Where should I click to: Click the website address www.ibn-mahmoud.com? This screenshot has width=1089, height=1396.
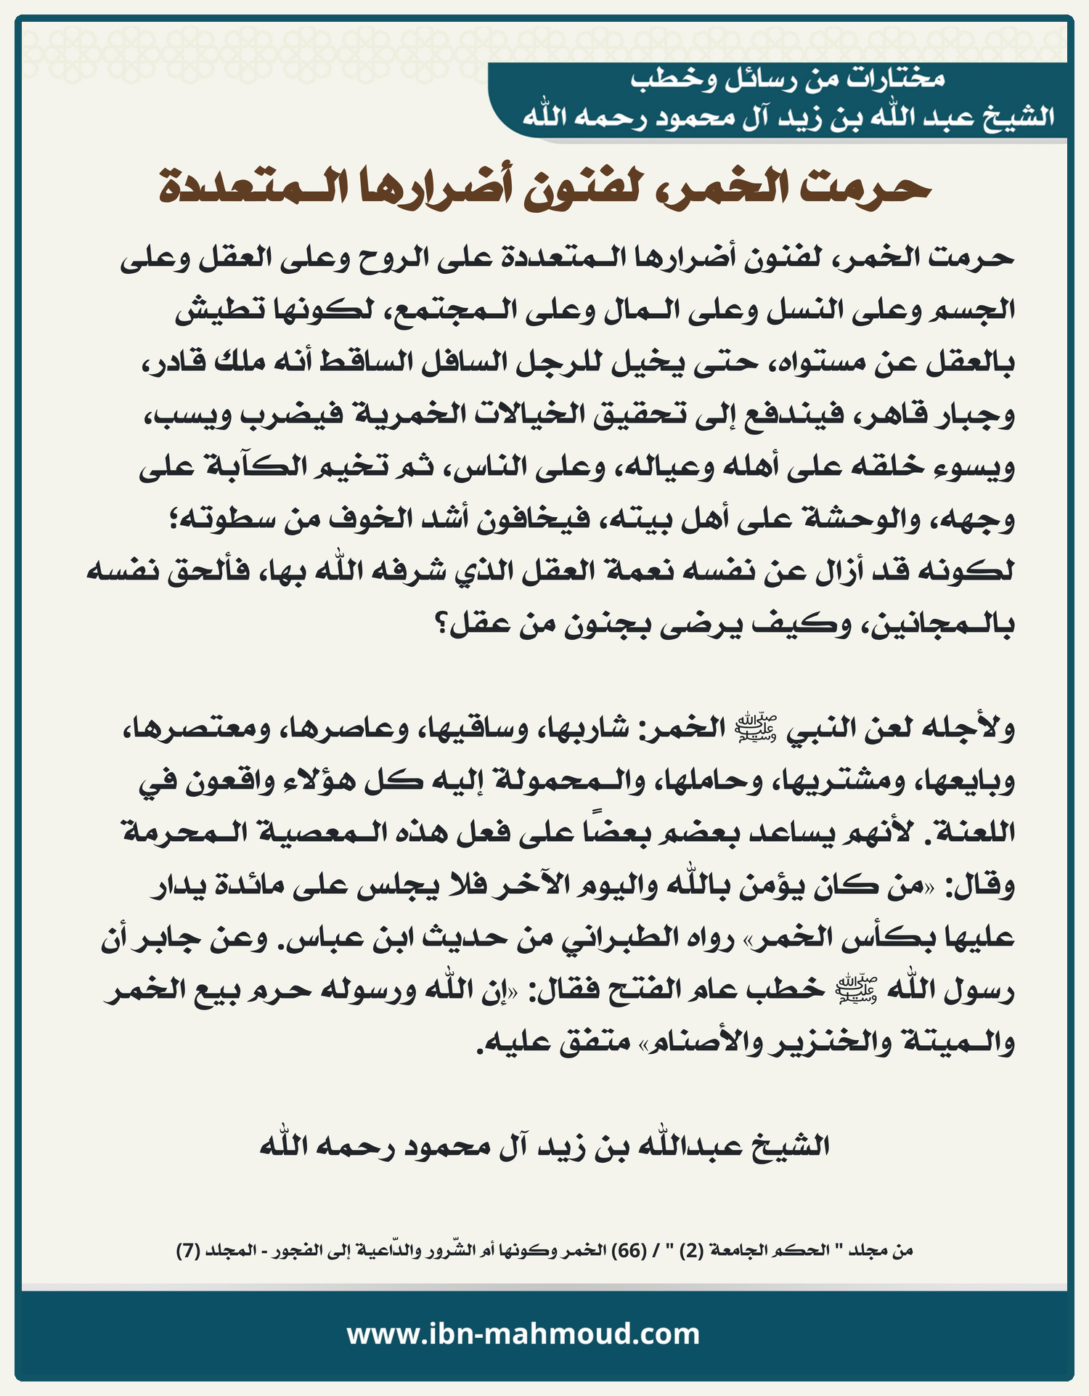(523, 1334)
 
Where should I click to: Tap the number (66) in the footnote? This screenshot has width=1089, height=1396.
(629, 1251)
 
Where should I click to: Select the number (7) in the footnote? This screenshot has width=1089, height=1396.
(188, 1251)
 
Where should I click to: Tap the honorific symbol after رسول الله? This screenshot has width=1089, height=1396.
(857, 989)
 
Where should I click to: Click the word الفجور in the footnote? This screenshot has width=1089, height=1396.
(302, 1251)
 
